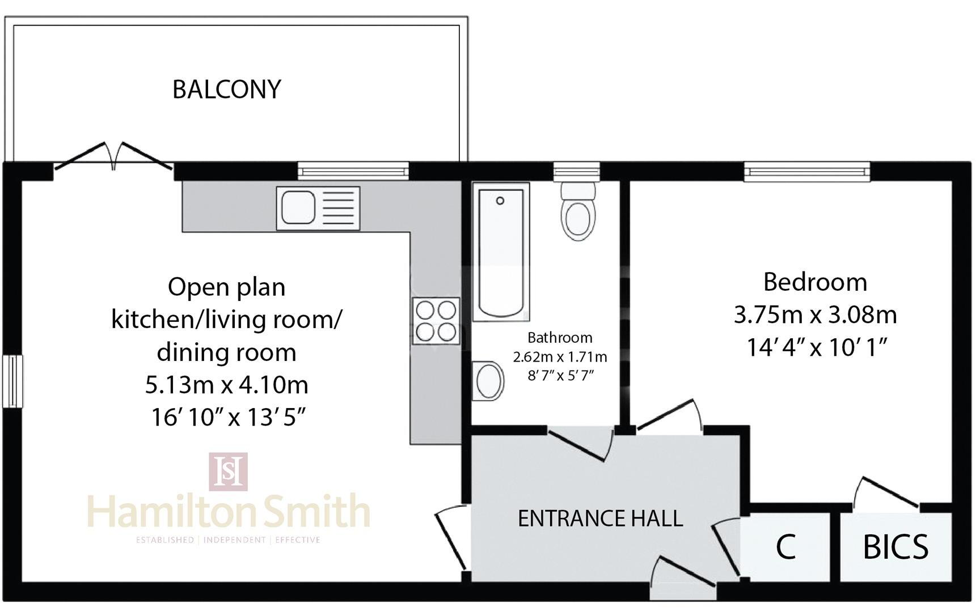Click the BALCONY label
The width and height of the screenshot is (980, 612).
pos(227,90)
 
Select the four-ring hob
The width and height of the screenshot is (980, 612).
pos(436,321)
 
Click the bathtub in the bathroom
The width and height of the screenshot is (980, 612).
pos(500,252)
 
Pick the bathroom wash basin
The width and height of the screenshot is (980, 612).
pos(489,381)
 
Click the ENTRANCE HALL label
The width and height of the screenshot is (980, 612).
pos(600,518)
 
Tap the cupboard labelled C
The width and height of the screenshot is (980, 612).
pos(785,547)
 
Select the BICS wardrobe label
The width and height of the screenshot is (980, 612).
pos(895,547)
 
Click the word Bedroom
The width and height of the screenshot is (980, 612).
pos(815,282)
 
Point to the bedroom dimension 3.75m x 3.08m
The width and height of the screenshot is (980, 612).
pos(815,314)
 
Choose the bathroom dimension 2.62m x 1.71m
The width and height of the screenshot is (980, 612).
pos(560,357)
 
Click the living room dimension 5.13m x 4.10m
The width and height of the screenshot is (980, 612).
pos(227,385)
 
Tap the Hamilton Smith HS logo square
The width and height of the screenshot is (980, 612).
pos(228,471)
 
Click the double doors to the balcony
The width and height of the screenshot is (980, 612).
pos(113,156)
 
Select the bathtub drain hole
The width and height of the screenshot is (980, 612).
pos(500,201)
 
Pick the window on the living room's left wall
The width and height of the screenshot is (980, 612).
pos(12,381)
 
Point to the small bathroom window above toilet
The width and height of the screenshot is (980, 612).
pos(576,171)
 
